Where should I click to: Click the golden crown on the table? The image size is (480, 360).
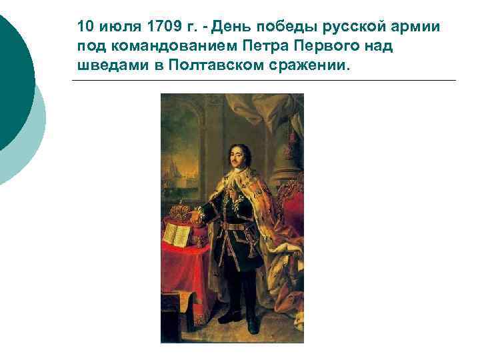click(180, 213)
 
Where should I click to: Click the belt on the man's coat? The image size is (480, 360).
click(235, 226)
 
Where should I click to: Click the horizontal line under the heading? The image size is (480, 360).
click(263, 81)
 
